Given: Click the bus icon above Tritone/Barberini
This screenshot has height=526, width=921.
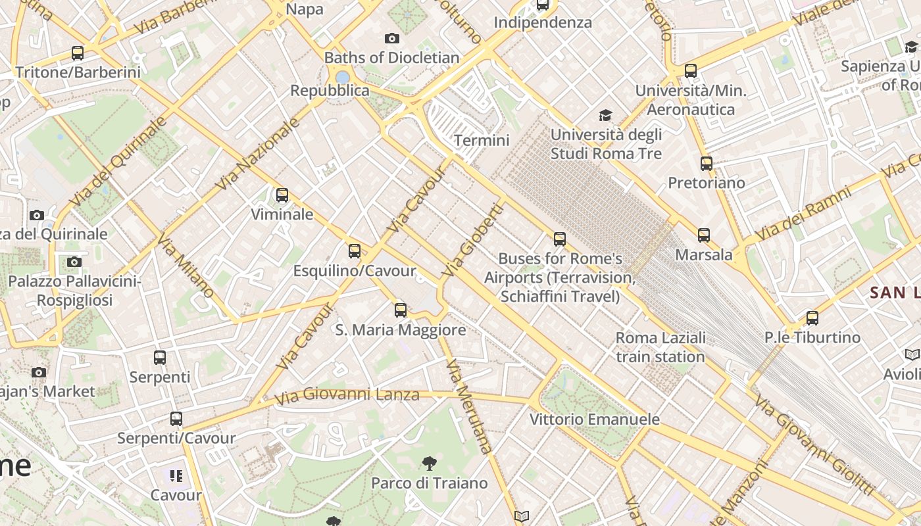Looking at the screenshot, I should tap(78, 53).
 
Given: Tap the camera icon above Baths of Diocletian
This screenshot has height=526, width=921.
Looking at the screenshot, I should tap(392, 39).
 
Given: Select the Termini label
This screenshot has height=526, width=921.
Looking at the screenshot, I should tap(482, 140).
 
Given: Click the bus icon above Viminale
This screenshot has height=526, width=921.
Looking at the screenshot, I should tap(282, 195).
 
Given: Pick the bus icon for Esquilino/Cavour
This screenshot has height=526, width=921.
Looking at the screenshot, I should tap(355, 251).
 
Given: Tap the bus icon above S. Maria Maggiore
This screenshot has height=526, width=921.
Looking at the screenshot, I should tap(401, 310).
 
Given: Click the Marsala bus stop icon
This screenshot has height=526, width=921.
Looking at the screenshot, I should tap(704, 235).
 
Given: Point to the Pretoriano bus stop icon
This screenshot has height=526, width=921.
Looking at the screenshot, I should tap(707, 163).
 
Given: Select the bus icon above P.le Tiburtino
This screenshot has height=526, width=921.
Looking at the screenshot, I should tap(812, 318).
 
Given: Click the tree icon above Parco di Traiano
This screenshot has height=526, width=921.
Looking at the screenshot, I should tap(429, 464).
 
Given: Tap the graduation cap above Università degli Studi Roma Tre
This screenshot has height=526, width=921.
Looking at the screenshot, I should tap(605, 116).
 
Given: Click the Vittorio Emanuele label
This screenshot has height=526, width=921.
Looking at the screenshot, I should tap(594, 419).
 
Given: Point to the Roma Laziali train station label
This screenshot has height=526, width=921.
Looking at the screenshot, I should tap(660, 347).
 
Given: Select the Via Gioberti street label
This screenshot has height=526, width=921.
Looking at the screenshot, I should tap(472, 240).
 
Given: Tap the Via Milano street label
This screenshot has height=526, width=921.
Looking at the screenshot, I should tap(185, 265).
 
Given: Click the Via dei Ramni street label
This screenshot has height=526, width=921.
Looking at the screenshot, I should tap(803, 213).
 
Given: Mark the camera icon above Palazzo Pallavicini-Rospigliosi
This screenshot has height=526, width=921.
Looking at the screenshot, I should tap(74, 262).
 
